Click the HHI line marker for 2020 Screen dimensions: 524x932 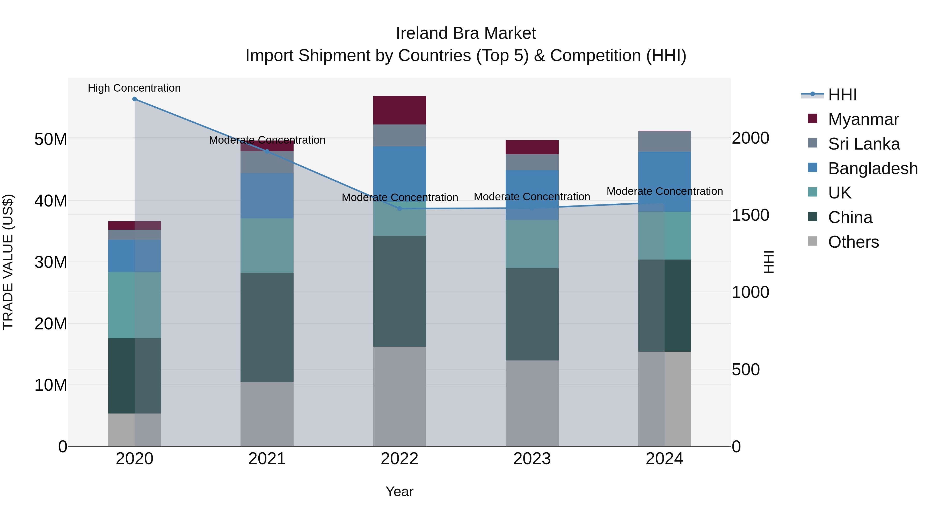(x=135, y=99)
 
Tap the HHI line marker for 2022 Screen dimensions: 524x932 (x=399, y=209)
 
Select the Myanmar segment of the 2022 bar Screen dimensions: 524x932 (x=399, y=110)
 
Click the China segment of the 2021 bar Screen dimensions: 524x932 (x=267, y=327)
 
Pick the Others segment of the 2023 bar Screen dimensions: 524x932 (x=532, y=403)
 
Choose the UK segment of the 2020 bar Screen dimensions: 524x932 (x=135, y=305)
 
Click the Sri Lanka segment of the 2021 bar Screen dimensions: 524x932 (x=267, y=162)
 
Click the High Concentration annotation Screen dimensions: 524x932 (x=134, y=88)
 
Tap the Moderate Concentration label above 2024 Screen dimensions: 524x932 (x=665, y=191)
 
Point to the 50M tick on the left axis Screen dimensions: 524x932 (x=51, y=139)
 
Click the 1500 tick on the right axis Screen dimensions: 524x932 (x=750, y=215)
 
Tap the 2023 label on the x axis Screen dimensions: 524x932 (x=532, y=459)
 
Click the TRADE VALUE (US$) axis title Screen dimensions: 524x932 (x=8, y=262)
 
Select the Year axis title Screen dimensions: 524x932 (x=399, y=491)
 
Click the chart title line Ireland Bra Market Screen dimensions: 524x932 (x=466, y=33)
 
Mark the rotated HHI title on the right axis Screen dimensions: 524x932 (x=768, y=262)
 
